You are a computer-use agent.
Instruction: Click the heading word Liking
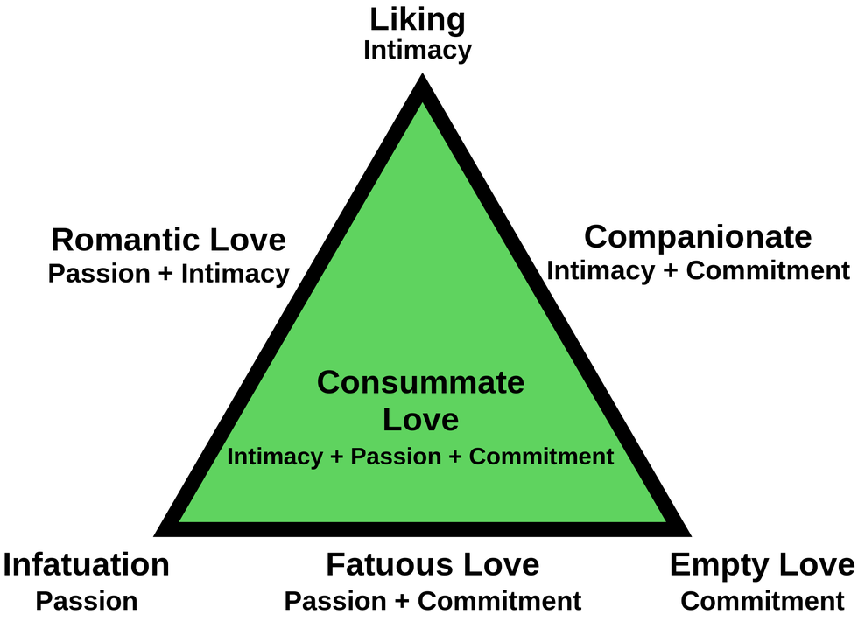(418, 21)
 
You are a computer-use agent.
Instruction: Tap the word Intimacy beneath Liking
(418, 51)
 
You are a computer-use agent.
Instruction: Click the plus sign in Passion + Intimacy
(165, 274)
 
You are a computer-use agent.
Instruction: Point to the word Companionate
(698, 238)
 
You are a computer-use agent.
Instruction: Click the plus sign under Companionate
(670, 271)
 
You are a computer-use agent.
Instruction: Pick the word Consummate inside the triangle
(420, 382)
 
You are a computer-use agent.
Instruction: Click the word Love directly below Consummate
(420, 419)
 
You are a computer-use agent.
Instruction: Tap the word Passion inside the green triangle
(396, 457)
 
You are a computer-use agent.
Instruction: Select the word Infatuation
(86, 564)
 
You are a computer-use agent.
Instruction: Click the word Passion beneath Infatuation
(87, 602)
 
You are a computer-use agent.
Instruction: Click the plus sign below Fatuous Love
(402, 602)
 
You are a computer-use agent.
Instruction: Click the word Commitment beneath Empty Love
(763, 602)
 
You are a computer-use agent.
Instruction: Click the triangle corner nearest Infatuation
(154, 535)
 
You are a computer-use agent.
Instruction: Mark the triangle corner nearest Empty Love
(691, 535)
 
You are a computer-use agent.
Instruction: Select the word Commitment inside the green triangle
(541, 457)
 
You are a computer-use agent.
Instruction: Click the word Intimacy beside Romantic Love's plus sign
(236, 274)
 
